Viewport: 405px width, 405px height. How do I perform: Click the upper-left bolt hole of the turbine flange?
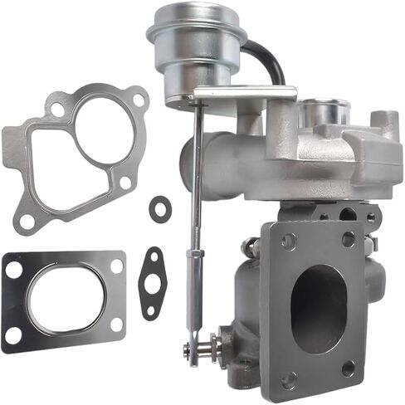pos(288,242)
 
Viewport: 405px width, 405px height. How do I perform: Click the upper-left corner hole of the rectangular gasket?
pos(15,266)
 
